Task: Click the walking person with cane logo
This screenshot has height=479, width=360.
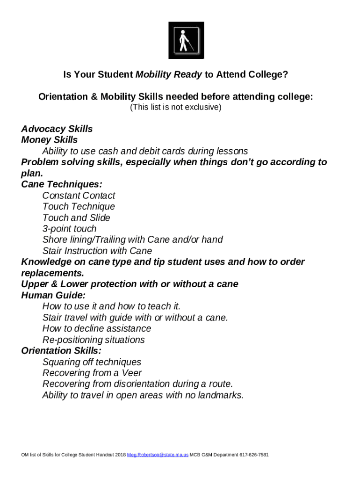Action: click(186, 41)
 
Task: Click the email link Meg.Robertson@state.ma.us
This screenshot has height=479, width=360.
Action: click(158, 455)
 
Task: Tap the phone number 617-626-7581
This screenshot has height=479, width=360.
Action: click(254, 455)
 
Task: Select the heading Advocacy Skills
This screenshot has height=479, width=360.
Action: click(57, 129)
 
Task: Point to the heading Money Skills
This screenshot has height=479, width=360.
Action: click(50, 140)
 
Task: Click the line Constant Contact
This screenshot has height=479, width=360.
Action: click(79, 196)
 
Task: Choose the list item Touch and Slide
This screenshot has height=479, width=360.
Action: click(76, 218)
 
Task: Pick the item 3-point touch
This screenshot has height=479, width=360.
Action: click(69, 229)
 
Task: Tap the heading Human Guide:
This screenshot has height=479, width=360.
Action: click(53, 295)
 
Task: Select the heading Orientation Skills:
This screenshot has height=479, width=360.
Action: click(61, 351)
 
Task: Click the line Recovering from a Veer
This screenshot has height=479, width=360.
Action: click(92, 373)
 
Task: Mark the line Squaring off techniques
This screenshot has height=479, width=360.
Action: click(92, 362)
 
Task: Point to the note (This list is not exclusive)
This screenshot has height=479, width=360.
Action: click(175, 107)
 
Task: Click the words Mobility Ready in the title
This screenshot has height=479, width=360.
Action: click(169, 74)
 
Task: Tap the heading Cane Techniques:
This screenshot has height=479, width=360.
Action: click(62, 184)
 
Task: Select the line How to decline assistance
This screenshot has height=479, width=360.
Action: click(97, 328)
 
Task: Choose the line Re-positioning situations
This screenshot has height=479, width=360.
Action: click(94, 340)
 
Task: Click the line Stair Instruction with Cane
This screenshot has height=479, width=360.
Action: click(97, 251)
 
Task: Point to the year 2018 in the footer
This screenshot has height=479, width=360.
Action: click(121, 455)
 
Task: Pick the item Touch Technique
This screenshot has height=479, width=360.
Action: click(79, 206)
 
